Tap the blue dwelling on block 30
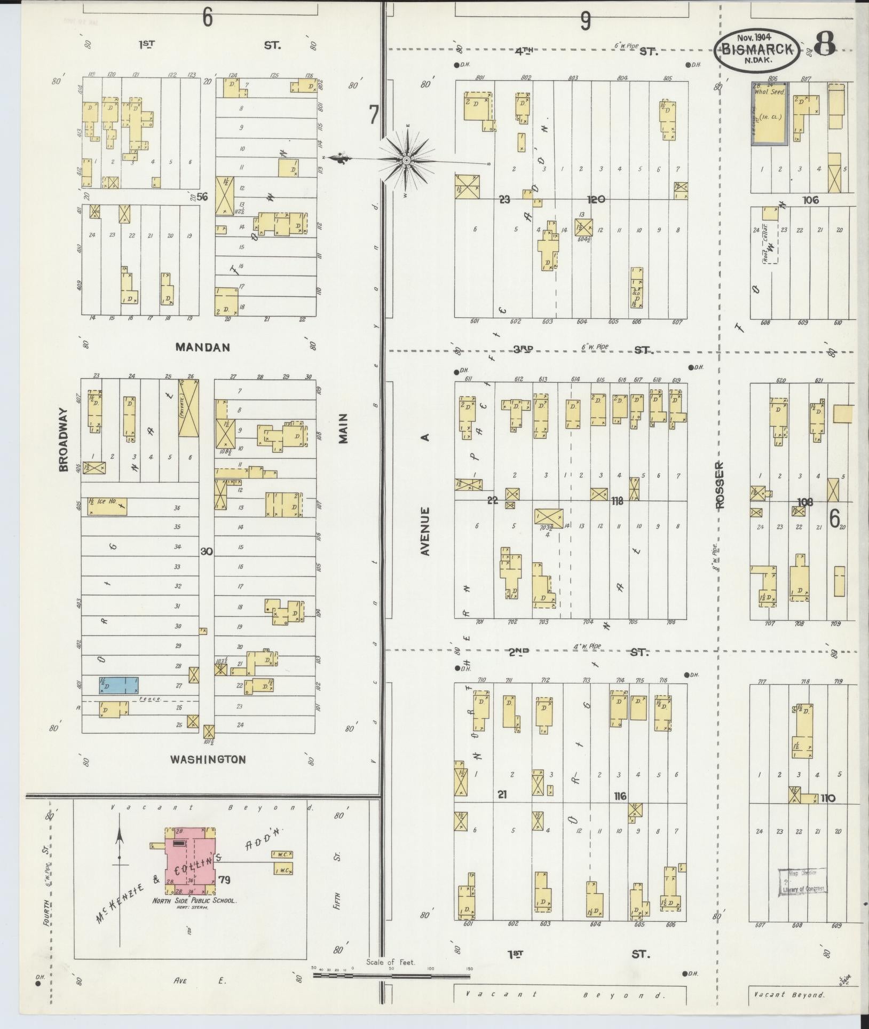tap(118, 685)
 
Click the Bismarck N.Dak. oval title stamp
tap(757, 50)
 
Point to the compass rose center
tap(406, 160)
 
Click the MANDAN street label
tap(203, 347)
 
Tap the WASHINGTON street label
tap(208, 759)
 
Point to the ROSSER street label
tap(720, 484)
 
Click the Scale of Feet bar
tap(392, 976)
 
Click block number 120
tap(596, 199)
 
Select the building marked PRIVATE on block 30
tap(188, 408)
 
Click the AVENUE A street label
tap(425, 494)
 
